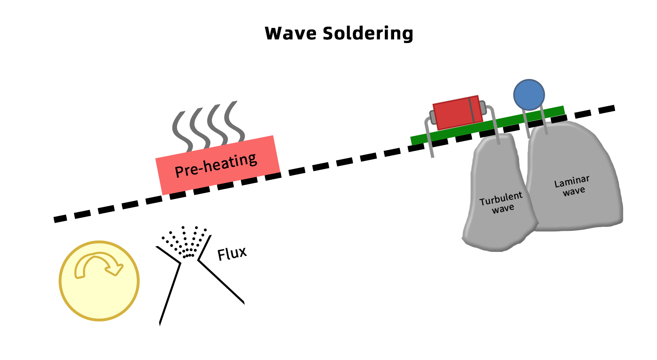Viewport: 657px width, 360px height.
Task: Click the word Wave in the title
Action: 291,33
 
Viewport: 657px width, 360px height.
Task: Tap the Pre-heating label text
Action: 216,165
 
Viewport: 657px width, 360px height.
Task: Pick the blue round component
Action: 529,95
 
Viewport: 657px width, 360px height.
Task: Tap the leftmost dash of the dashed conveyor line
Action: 60,219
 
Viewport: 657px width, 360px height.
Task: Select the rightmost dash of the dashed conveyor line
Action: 607,109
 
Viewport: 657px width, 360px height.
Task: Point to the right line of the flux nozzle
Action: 221,281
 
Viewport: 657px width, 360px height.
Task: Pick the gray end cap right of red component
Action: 482,108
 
